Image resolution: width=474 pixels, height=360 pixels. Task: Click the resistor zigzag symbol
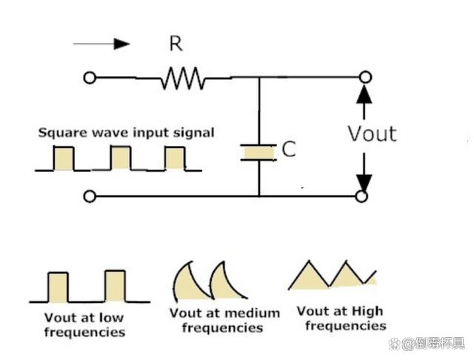tap(183, 78)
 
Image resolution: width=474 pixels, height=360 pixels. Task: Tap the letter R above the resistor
tap(176, 44)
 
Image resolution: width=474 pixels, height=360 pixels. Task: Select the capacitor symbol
tap(258, 153)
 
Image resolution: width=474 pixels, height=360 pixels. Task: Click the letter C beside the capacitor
tap(289, 149)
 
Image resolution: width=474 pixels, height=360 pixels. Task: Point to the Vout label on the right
tap(372, 133)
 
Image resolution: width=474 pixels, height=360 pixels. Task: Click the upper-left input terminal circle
tap(90, 78)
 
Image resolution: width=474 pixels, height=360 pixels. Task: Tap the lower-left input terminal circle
tap(90, 196)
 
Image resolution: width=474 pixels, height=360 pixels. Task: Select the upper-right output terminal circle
tap(365, 77)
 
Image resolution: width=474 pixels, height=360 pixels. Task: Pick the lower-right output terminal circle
tap(361, 196)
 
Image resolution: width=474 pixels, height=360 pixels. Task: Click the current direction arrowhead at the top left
tap(121, 44)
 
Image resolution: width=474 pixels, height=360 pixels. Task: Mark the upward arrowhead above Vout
tap(364, 94)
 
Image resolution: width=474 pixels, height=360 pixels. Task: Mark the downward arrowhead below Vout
tap(364, 183)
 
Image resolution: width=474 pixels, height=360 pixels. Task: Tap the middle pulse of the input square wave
tap(121, 158)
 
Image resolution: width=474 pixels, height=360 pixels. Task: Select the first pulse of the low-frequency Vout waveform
tap(58, 287)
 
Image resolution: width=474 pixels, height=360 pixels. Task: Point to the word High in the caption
tap(367, 311)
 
